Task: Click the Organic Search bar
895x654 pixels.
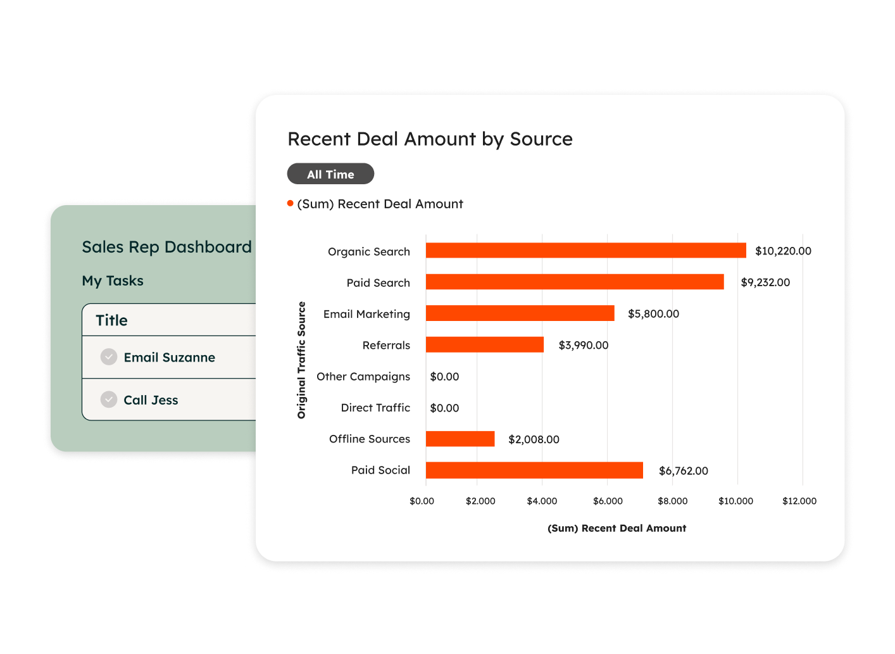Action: click(x=585, y=251)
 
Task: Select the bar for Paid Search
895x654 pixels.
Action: click(x=575, y=282)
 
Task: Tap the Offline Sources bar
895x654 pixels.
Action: click(x=460, y=439)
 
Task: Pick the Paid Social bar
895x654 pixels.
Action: click(x=534, y=470)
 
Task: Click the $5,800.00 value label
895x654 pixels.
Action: click(x=653, y=314)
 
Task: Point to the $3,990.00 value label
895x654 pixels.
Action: click(x=583, y=345)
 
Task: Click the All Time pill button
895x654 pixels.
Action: click(x=330, y=174)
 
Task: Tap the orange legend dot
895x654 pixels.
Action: click(x=291, y=203)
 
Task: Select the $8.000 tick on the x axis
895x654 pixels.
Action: click(x=672, y=501)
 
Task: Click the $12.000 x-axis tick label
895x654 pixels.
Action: click(x=799, y=501)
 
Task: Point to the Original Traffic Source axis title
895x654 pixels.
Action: click(x=302, y=360)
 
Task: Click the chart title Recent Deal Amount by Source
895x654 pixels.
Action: click(x=430, y=139)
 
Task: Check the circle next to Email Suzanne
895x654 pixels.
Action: click(x=109, y=357)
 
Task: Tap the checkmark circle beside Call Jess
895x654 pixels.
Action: click(x=109, y=399)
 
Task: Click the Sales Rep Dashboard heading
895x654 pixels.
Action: click(x=166, y=247)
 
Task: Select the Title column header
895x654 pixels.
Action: click(x=112, y=320)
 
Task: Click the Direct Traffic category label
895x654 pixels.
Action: click(x=375, y=408)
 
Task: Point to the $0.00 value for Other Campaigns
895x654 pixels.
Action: click(x=444, y=377)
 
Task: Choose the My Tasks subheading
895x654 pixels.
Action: click(x=113, y=280)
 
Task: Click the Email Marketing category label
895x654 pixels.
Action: click(x=366, y=314)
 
